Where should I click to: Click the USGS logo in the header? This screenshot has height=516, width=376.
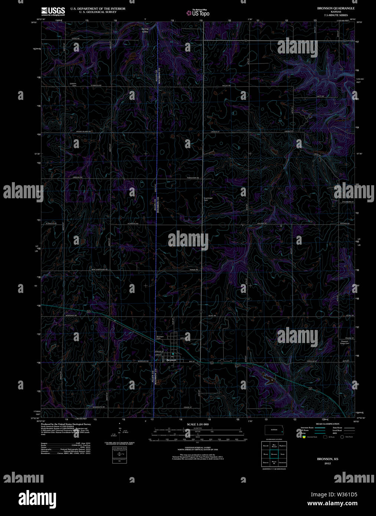coord(53,11)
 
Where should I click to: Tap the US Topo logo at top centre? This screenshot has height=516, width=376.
coord(198,13)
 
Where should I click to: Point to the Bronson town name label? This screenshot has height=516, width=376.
coord(171,360)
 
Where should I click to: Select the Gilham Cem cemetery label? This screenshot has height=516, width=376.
coord(73,84)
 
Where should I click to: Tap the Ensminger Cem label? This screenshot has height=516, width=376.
coord(208,199)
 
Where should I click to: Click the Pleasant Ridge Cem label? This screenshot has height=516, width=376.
coord(345,342)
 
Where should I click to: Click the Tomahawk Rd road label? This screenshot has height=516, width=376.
coord(194,179)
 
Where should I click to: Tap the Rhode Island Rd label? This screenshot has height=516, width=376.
coord(84,132)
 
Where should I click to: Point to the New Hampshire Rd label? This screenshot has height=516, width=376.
coord(99,270)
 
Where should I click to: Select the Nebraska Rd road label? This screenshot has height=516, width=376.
coord(71,316)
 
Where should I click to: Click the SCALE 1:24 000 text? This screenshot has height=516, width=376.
coord(197,424)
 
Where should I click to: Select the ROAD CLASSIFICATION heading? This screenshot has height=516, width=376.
coord(327,424)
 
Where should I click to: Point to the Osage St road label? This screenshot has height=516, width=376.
coord(187,407)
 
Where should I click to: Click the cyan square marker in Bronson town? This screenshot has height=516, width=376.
coord(173,354)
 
